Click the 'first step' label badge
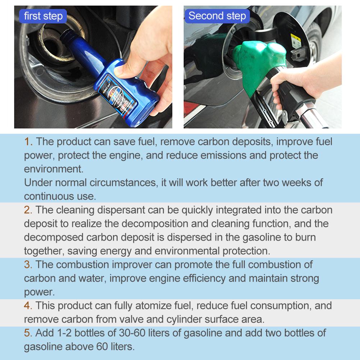[43, 16]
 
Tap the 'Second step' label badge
[217, 16]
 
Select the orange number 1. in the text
[28, 141]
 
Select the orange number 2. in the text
[28, 210]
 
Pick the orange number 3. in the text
[28, 264]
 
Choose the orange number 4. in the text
[28, 306]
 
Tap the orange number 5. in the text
[28, 333]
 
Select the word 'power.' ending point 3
[39, 291]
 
